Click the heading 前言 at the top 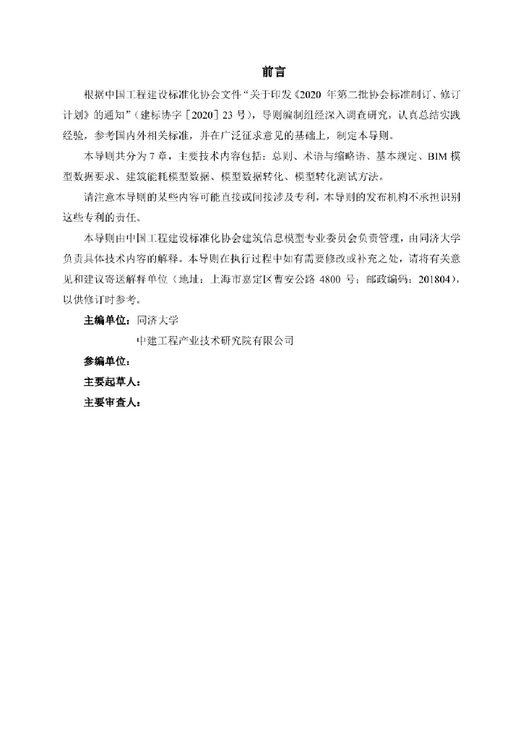274,73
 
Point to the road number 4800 331,280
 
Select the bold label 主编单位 107,320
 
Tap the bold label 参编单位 107,361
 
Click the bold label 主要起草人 111,382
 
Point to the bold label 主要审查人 111,403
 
